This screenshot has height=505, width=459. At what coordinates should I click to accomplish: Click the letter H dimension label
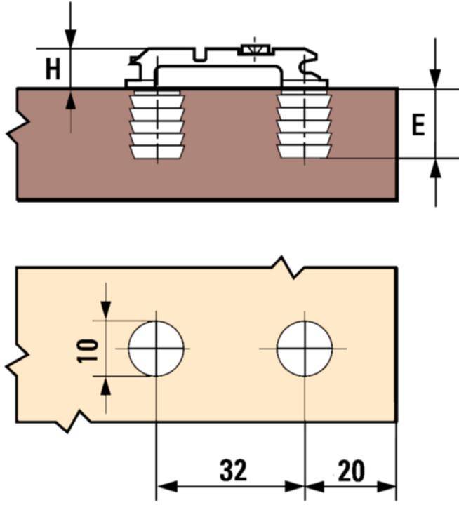(52, 69)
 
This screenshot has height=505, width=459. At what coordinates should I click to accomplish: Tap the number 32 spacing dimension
(233, 470)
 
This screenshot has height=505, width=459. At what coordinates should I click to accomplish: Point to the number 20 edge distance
(351, 470)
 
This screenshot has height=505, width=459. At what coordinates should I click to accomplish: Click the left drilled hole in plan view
(156, 349)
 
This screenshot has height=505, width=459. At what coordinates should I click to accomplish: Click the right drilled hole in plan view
(305, 349)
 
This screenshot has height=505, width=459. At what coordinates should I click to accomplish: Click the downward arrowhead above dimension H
(70, 39)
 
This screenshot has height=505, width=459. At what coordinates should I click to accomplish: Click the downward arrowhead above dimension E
(436, 81)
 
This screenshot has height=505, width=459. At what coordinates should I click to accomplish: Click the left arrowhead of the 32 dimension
(164, 486)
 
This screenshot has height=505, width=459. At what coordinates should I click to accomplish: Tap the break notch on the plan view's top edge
(287, 267)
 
